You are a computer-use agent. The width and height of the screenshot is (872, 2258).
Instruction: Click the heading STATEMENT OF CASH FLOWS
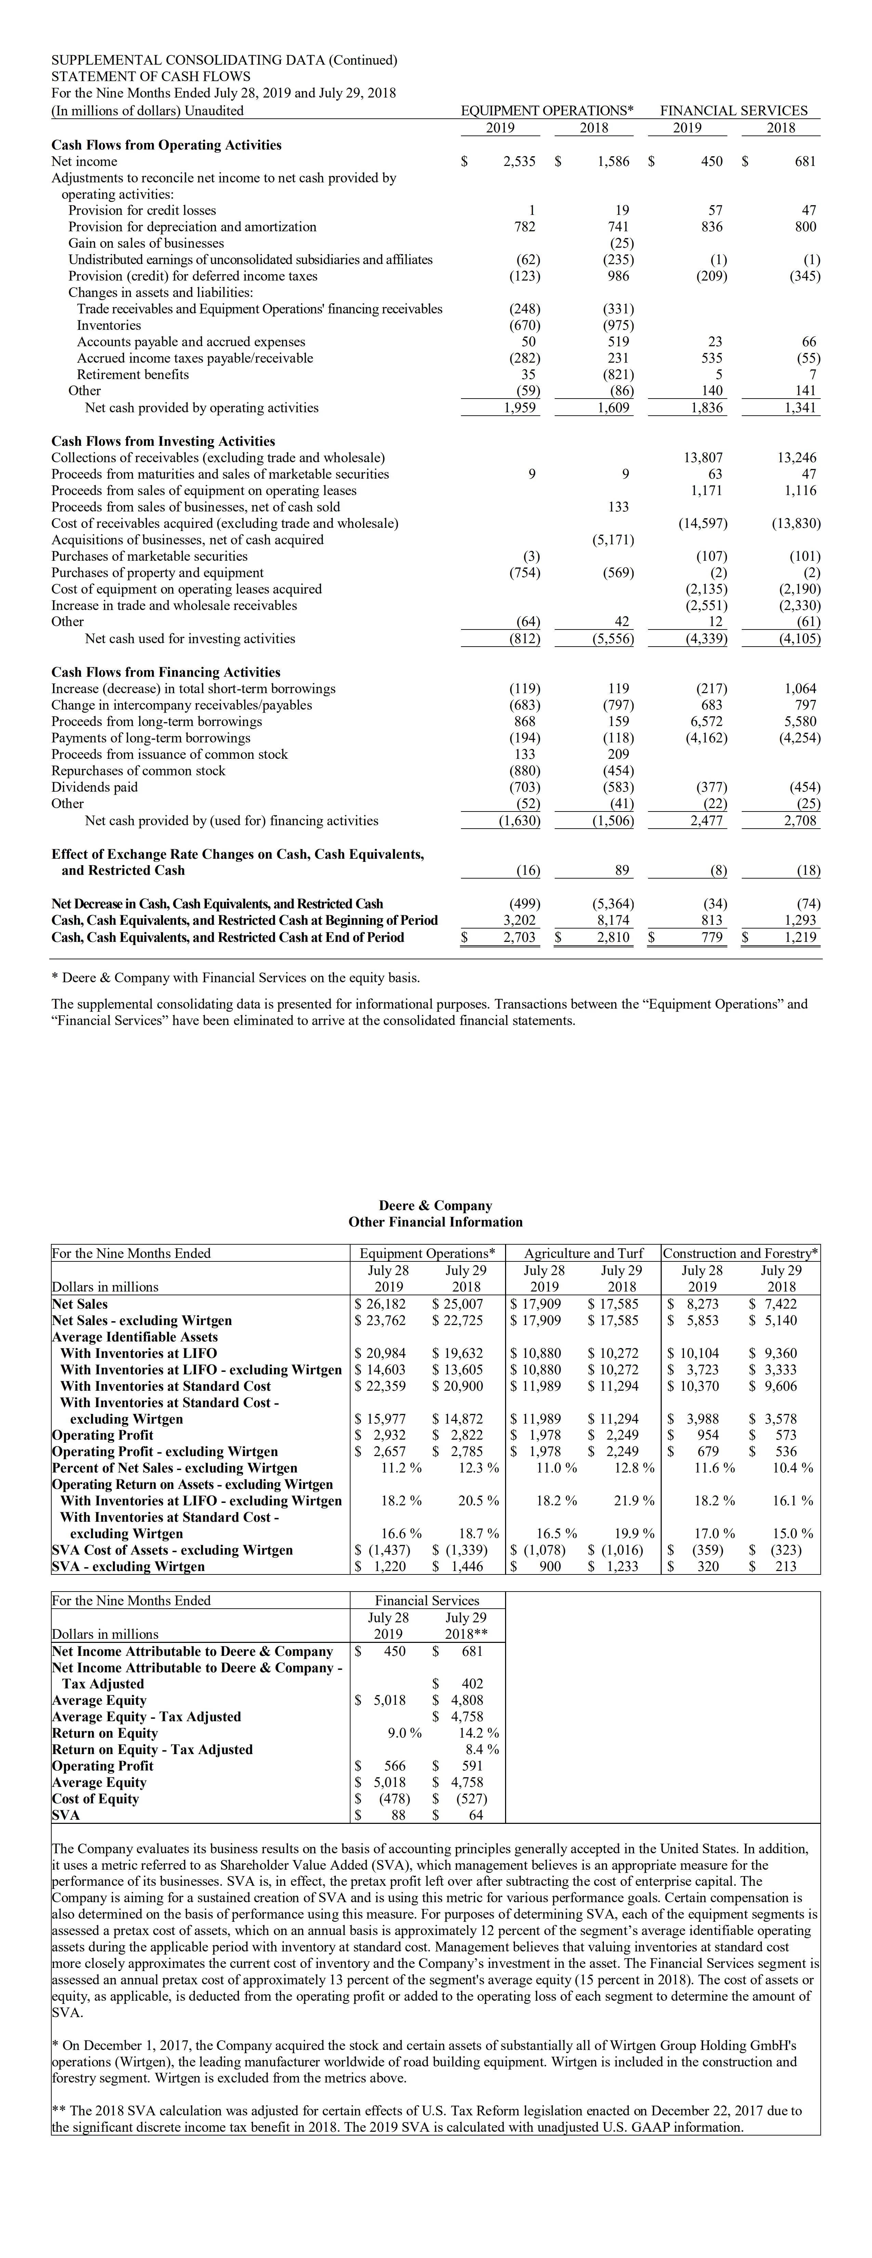(x=151, y=76)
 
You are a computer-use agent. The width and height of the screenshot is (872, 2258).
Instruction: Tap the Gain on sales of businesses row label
(x=146, y=243)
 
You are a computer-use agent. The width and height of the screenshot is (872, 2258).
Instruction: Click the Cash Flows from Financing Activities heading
(x=166, y=672)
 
